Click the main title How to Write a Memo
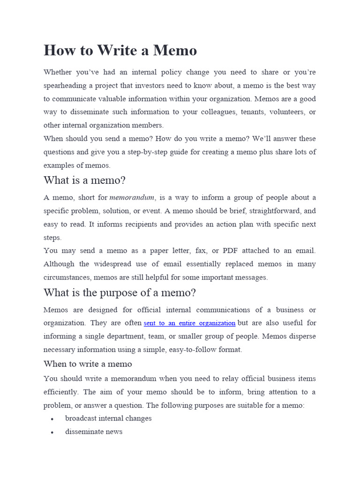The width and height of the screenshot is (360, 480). [120, 50]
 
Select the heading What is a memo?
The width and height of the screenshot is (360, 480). [85, 180]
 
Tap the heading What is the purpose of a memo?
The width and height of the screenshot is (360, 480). [120, 292]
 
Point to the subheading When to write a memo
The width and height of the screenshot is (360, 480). [88, 364]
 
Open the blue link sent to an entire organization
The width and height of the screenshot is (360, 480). [189, 323]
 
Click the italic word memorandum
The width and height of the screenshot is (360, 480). [132, 197]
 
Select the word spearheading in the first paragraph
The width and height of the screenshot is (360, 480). [66, 85]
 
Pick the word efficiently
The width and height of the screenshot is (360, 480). [61, 392]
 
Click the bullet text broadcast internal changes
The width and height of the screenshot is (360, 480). [108, 418]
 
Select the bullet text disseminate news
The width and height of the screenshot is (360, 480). [94, 432]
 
